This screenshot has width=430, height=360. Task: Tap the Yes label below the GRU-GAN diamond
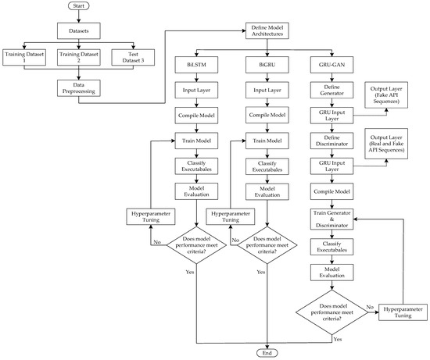336,339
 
